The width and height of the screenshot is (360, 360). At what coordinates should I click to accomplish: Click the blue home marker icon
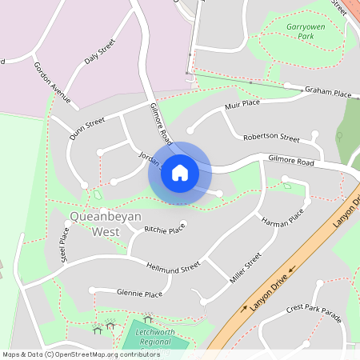(179, 172)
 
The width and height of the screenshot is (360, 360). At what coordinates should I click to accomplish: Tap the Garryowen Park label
(303, 30)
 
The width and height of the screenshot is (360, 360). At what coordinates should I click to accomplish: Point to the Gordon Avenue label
(52, 82)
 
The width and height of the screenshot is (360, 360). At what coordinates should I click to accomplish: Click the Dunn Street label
(87, 128)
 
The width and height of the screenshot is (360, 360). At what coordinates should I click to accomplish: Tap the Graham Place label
(328, 94)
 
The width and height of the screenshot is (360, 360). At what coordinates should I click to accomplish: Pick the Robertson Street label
(271, 137)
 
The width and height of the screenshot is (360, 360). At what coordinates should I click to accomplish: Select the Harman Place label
(285, 218)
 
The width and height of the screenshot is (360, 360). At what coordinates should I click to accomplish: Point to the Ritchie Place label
(164, 230)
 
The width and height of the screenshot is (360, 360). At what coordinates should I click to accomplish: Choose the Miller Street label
(247, 268)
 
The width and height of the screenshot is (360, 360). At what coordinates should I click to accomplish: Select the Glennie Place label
(139, 294)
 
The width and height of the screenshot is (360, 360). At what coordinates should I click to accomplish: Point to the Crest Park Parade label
(314, 313)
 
